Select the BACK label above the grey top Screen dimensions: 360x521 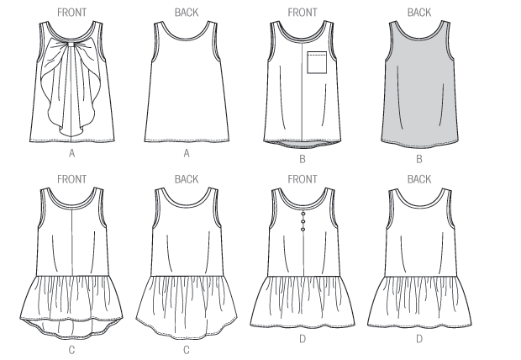click(418, 12)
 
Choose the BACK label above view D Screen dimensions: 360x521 click(418, 179)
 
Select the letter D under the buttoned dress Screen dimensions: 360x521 click(302, 347)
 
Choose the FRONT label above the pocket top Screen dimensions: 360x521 click(302, 12)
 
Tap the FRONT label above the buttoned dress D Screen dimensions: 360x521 click(302, 179)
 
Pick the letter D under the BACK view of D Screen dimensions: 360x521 click(418, 347)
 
